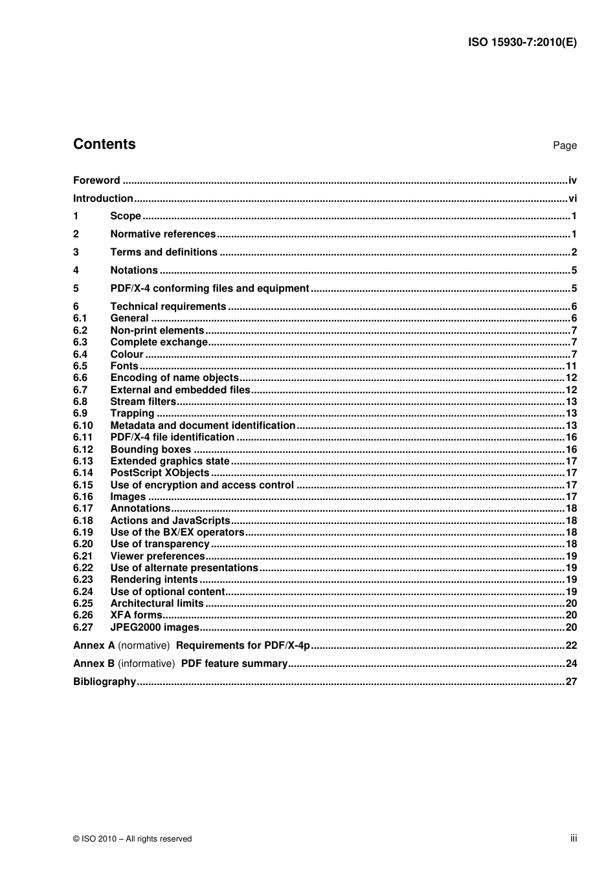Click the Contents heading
coord(104,144)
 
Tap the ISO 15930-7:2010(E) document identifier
coord(522,43)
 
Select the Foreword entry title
coord(96,180)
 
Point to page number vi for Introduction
coord(572,199)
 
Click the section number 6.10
coord(83,426)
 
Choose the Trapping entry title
coord(132,413)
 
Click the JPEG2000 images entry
coord(155,627)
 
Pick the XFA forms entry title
coord(136,615)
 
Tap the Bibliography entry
coord(104,682)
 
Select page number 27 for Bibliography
coord(571,682)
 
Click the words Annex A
coord(94,646)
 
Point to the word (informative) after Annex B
coord(146,664)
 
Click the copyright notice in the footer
coord(133,839)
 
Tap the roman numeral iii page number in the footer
coord(574,838)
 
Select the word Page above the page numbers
coord(565,146)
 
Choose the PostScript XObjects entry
coord(160,473)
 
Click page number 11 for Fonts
coord(571,366)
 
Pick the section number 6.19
coord(83,532)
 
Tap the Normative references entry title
coord(163,234)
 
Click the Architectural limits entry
coord(157,604)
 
